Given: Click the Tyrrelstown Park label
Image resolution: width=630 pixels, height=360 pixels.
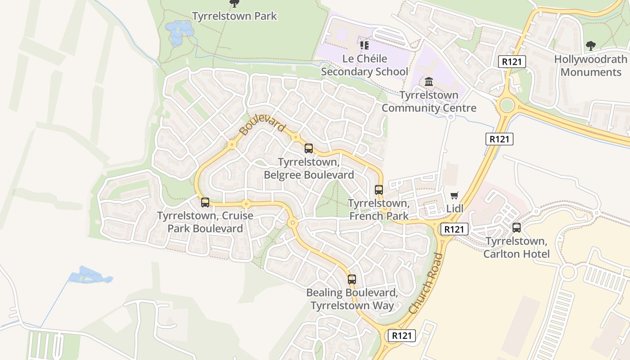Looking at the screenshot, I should click(x=234, y=16).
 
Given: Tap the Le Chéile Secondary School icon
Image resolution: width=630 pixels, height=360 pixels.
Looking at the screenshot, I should click(x=364, y=45).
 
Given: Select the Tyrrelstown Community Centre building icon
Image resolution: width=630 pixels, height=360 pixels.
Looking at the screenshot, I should click(x=428, y=82).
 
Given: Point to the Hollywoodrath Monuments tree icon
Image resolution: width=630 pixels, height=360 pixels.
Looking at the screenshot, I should click(x=590, y=45).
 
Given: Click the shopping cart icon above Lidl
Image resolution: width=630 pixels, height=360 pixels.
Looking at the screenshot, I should click(x=454, y=196).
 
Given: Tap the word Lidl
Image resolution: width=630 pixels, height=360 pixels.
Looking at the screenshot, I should click(x=454, y=209).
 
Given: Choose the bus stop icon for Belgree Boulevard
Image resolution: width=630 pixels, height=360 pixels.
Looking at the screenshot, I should click(x=309, y=148).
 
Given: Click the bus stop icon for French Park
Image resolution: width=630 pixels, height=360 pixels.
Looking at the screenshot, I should click(x=379, y=190).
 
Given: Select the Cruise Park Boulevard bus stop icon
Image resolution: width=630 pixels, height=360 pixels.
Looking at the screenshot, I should click(x=205, y=202).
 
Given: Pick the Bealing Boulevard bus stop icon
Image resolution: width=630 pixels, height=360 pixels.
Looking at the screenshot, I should click(x=352, y=279).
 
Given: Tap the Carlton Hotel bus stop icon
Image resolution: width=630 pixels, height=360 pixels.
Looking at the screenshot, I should click(x=516, y=228).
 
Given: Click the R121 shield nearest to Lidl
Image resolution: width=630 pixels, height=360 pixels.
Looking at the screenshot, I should click(x=454, y=229).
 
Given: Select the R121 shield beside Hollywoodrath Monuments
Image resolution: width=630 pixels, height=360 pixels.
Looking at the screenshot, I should click(x=512, y=62).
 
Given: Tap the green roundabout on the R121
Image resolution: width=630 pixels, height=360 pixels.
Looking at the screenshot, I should click(x=507, y=105).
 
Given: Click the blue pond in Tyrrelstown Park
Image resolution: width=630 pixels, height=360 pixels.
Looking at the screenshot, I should click(x=179, y=31).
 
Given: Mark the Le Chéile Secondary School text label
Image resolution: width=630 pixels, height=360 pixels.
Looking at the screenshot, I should click(x=364, y=65).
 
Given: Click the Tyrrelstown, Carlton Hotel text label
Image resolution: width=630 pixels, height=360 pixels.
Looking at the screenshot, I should click(x=516, y=247).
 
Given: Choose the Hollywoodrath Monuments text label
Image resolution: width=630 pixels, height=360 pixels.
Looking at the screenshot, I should click(x=590, y=66).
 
